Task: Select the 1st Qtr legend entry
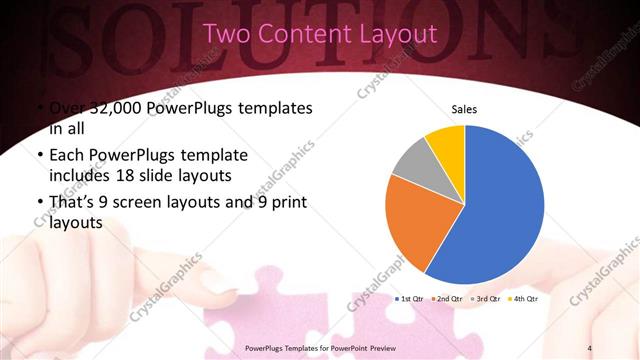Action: click(412, 298)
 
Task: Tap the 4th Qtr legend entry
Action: click(524, 298)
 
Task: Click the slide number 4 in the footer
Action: click(591, 347)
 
